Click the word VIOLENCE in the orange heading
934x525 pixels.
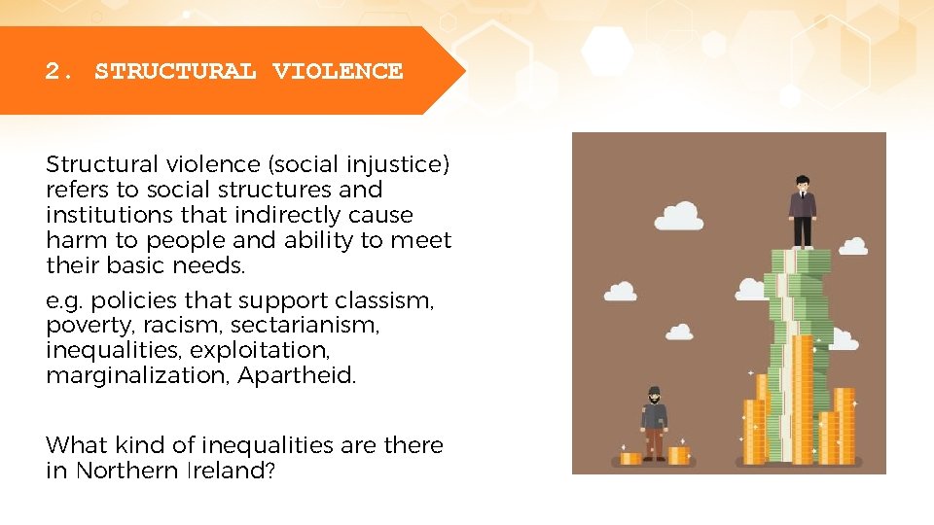(x=338, y=71)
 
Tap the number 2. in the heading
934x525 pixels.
(x=59, y=71)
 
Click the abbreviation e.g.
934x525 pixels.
(x=63, y=300)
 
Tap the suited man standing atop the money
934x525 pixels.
(x=802, y=212)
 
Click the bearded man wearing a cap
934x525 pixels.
(x=655, y=423)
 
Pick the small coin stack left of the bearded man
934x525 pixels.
(x=630, y=456)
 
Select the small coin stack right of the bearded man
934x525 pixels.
(x=678, y=454)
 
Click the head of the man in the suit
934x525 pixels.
(x=802, y=184)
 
